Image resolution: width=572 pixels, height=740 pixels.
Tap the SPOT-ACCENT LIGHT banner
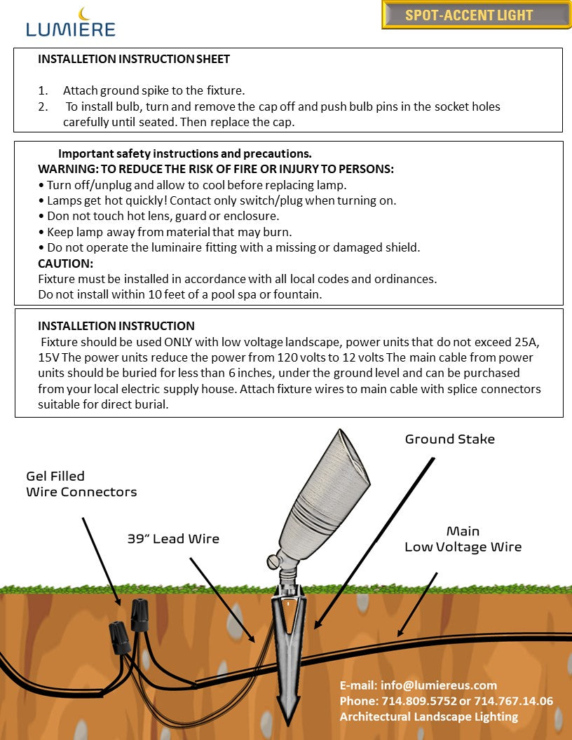coord(476,15)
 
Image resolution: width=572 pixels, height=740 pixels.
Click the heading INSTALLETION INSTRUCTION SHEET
coord(133,60)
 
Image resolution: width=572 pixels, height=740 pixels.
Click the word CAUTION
coord(65,263)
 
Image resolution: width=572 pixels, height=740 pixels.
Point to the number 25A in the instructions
coord(531,343)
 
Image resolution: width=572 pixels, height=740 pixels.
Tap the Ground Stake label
coord(449,439)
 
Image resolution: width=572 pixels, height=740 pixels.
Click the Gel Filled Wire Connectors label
coord(81,484)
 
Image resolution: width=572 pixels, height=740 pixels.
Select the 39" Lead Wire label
coord(173,539)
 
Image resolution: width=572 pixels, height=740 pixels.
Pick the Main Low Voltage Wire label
coord(463,539)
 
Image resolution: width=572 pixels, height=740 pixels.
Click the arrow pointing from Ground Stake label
coord(374,540)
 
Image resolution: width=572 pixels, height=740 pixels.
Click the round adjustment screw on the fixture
coord(273,561)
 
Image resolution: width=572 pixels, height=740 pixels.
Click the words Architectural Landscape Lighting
coord(428,716)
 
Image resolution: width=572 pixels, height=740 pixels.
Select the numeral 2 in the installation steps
coord(43,107)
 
